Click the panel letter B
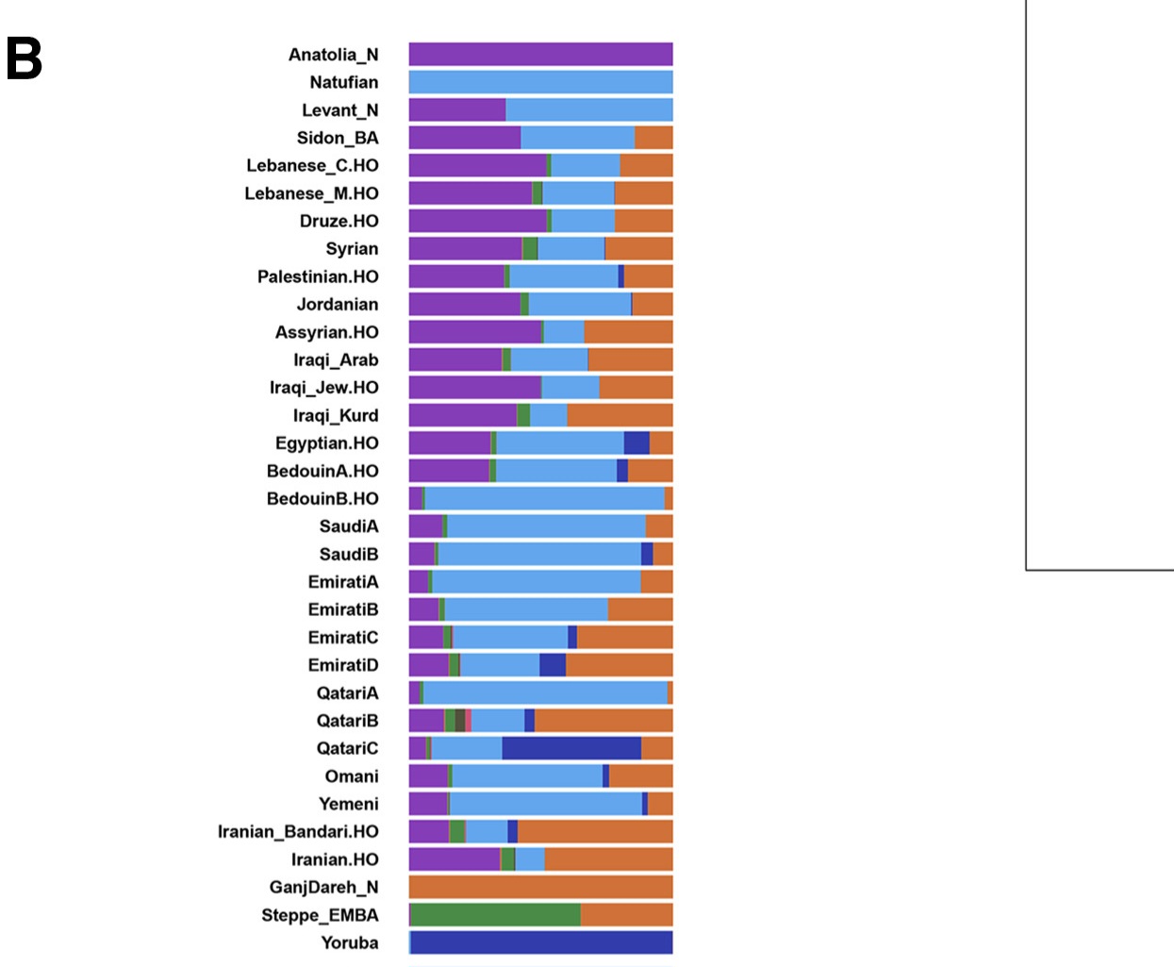pyautogui.click(x=25, y=58)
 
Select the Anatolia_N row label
pyautogui.click(x=333, y=55)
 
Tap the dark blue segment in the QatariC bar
pyautogui.click(x=571, y=748)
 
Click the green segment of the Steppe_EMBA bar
pyautogui.click(x=495, y=915)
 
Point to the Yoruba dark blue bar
pyautogui.click(x=541, y=942)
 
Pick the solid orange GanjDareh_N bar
pyautogui.click(x=540, y=887)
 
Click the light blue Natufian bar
pyautogui.click(x=540, y=82)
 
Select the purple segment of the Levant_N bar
pyautogui.click(x=456, y=110)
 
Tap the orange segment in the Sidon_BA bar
pyautogui.click(x=653, y=138)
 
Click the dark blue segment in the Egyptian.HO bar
pyautogui.click(x=637, y=443)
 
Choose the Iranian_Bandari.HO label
pyautogui.click(x=298, y=832)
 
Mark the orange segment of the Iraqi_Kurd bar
pyautogui.click(x=620, y=415)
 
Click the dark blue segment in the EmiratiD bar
pyautogui.click(x=553, y=665)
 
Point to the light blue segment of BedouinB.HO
pyautogui.click(x=544, y=499)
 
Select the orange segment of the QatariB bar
pyautogui.click(x=604, y=721)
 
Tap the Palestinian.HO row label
pyautogui.click(x=318, y=276)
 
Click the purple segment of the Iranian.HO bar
pyautogui.click(x=454, y=859)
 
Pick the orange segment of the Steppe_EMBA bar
pyautogui.click(x=626, y=915)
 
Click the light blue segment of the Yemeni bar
pyautogui.click(x=545, y=804)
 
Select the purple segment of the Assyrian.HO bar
pyautogui.click(x=474, y=332)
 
